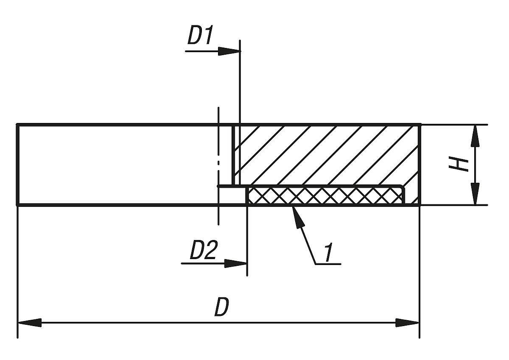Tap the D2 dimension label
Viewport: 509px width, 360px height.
(x=204, y=251)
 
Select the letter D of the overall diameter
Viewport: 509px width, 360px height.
(x=221, y=307)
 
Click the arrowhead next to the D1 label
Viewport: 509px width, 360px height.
(x=229, y=51)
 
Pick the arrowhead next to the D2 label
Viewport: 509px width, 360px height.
(x=236, y=263)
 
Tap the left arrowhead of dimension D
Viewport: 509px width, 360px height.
(x=29, y=323)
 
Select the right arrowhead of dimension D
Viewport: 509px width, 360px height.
(x=408, y=323)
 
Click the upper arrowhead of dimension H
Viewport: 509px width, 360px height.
(x=475, y=136)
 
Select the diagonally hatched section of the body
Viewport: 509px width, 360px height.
(x=327, y=155)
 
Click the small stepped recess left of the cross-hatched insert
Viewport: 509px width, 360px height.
(x=232, y=195)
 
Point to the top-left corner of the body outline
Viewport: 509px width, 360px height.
(x=17, y=125)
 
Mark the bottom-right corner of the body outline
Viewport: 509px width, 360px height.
(x=420, y=205)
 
